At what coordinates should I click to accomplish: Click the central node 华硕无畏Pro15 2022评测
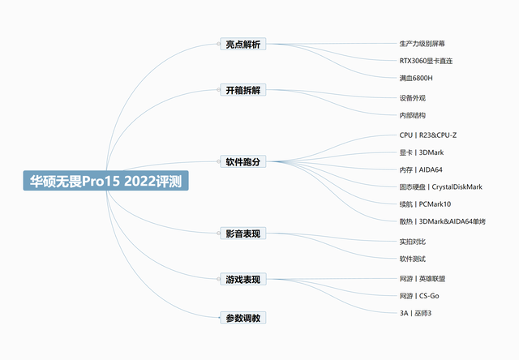click(x=105, y=181)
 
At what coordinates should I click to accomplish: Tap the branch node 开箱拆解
click(x=243, y=90)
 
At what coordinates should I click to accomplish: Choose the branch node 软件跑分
click(x=243, y=161)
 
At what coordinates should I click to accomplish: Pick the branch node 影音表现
click(x=243, y=234)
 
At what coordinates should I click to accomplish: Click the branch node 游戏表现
click(x=243, y=280)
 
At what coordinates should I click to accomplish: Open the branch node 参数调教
click(x=243, y=318)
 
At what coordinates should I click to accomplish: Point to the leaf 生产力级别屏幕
click(x=422, y=43)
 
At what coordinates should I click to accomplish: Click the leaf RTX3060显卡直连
click(x=426, y=60)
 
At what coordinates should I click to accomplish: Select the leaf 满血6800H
click(x=416, y=78)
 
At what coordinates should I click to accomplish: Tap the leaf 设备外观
click(x=413, y=98)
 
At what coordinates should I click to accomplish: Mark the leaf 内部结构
click(x=413, y=116)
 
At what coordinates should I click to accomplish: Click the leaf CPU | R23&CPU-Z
click(x=433, y=135)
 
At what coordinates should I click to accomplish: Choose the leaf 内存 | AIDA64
click(x=426, y=169)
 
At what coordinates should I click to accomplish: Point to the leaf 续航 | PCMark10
click(x=425, y=204)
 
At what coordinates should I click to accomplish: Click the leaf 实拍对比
click(x=413, y=242)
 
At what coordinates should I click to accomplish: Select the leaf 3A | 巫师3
click(x=415, y=313)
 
